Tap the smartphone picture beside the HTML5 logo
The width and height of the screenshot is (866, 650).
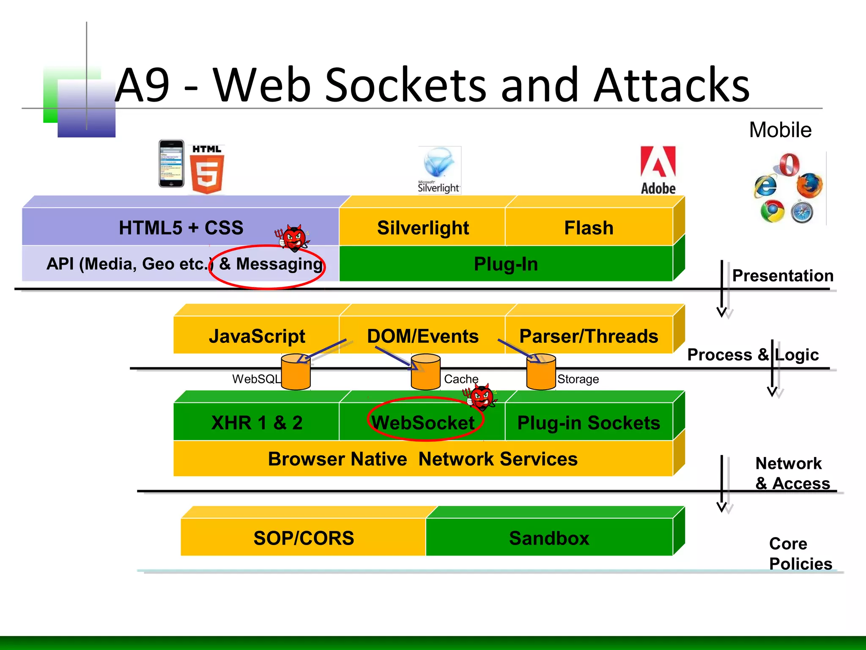171,164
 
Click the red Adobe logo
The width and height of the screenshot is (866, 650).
658,169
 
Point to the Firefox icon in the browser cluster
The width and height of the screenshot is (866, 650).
809,185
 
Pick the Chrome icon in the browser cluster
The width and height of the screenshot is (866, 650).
772,212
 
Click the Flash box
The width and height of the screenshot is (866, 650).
589,228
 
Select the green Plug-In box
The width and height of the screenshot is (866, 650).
506,264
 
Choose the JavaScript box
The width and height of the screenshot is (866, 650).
257,336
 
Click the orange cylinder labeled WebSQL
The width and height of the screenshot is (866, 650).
296,372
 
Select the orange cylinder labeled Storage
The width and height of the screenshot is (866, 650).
541,372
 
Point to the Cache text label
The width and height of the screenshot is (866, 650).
461,379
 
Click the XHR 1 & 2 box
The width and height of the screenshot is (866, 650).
257,423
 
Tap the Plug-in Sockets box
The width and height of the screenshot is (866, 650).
589,423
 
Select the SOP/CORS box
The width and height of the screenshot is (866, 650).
304,538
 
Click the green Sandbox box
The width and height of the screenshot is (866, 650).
549,538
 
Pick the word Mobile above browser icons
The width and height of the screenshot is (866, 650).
780,130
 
